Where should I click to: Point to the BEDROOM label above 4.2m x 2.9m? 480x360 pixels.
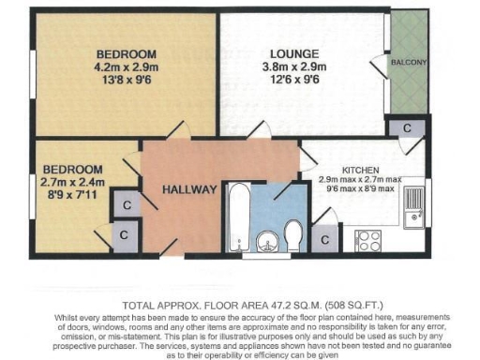[x=126, y=53]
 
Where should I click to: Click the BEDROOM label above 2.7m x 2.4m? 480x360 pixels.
[x=72, y=169]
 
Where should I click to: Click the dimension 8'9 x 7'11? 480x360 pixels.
[x=72, y=196]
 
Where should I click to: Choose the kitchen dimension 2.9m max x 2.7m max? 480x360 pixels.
[x=360, y=179]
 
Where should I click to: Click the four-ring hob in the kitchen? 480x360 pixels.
[x=367, y=238]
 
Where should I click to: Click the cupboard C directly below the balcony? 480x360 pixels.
[x=407, y=127]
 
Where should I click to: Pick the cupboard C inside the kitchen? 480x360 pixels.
[x=324, y=239]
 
